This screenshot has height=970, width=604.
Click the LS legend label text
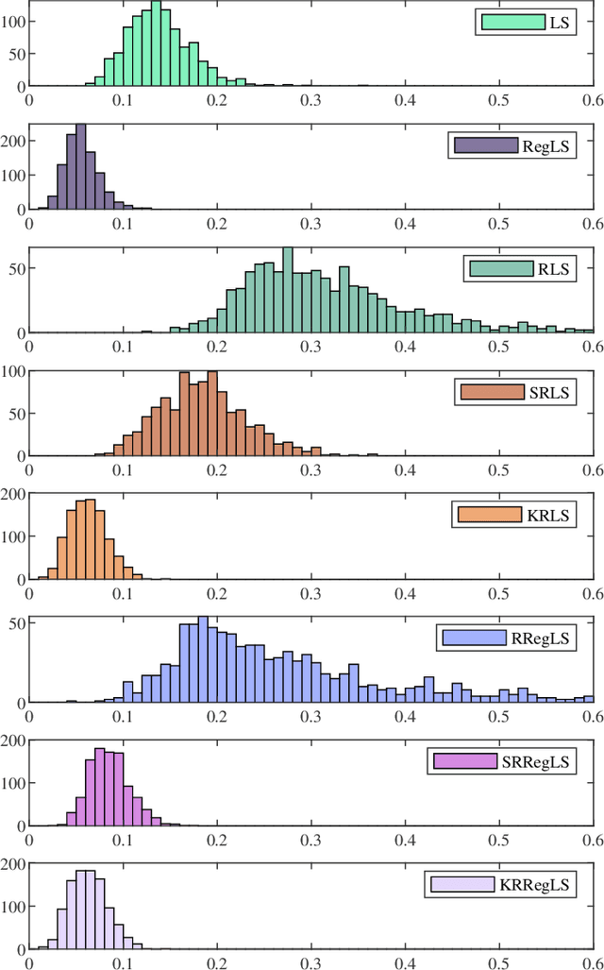tap(560, 22)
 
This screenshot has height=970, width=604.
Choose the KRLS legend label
tap(550, 515)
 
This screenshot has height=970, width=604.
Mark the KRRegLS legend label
tap(536, 885)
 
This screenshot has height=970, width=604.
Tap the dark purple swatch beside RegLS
tap(485, 145)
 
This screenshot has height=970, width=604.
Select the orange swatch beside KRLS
tap(489, 515)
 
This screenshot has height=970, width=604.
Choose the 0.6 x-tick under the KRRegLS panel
tap(593, 962)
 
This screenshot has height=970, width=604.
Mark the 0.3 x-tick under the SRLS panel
tap(310, 470)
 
